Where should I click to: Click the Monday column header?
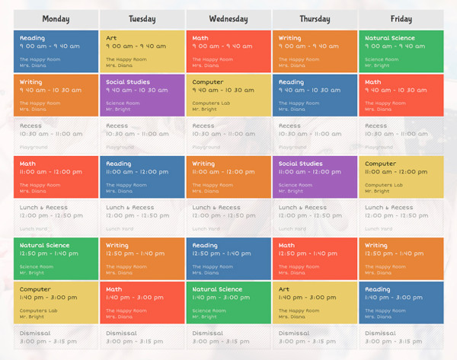56,19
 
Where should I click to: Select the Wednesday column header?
228,19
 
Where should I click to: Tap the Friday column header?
401,19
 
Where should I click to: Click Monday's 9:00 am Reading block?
56,51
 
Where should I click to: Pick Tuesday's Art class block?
142,51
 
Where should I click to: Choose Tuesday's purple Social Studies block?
142,95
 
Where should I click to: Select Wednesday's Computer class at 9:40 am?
228,95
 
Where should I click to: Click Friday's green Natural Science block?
401,51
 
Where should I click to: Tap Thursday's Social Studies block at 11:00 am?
314,177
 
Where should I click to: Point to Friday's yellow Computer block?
401,177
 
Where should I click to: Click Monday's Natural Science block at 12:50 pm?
56,259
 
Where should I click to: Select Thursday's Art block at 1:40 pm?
314,302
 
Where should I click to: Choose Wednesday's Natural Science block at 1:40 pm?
228,302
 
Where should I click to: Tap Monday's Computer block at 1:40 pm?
56,302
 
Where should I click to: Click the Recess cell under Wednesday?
228,135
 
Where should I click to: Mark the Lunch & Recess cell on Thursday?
314,217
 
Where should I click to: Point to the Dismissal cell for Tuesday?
142,336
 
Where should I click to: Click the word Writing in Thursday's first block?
289,38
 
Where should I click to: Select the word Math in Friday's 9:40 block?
373,82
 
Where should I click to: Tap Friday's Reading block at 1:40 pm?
401,302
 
